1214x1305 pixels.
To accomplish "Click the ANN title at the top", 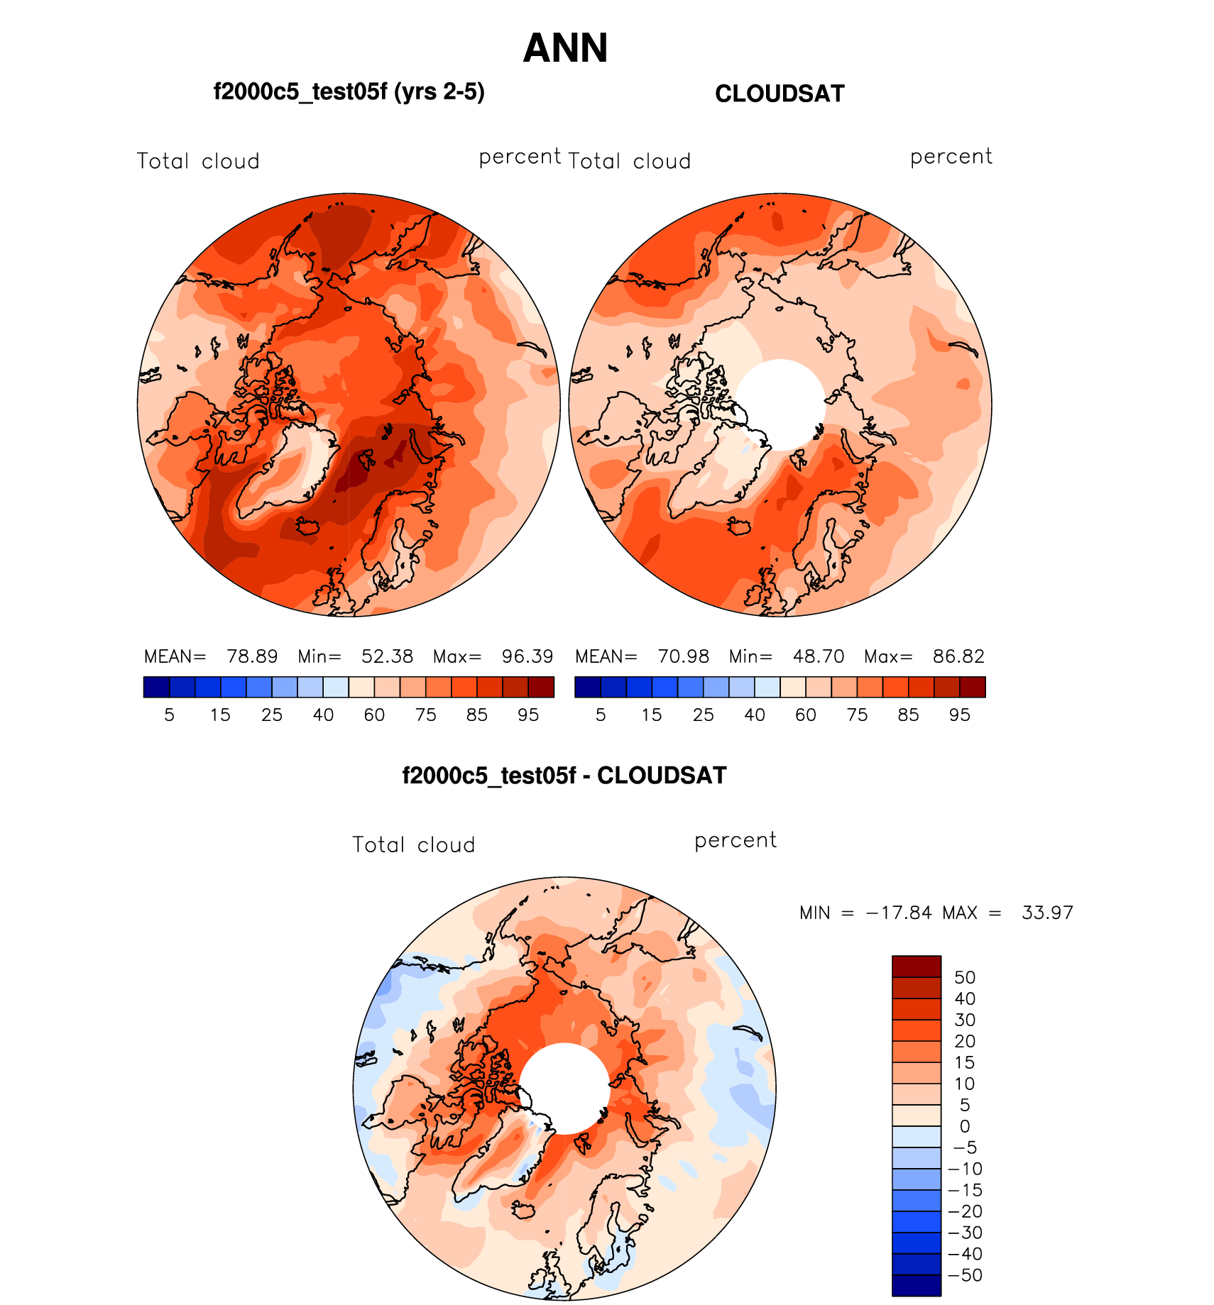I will pyautogui.click(x=565, y=48).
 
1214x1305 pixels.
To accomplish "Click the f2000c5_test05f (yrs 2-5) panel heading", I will pyautogui.click(x=349, y=92).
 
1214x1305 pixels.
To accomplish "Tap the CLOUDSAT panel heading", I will pyautogui.click(x=780, y=94).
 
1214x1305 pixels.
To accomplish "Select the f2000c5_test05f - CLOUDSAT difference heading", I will pyautogui.click(x=564, y=775).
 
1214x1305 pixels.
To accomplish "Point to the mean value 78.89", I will pyautogui.click(x=252, y=656).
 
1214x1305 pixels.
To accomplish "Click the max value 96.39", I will pyautogui.click(x=527, y=656).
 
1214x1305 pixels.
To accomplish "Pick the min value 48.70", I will pyautogui.click(x=819, y=656).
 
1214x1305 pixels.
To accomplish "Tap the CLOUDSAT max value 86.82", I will pyautogui.click(x=958, y=656).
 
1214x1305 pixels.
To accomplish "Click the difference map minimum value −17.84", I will pyautogui.click(x=899, y=913).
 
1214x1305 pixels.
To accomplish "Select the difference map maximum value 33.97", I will pyautogui.click(x=1047, y=913).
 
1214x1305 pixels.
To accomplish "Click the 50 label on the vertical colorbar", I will pyautogui.click(x=965, y=977).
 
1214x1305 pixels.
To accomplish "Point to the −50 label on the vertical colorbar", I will pyautogui.click(x=965, y=1275).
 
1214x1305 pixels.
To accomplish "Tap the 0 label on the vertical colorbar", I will pyautogui.click(x=964, y=1126).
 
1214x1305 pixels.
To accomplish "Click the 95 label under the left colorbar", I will pyautogui.click(x=528, y=715).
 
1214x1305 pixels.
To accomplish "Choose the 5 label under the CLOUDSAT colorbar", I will pyautogui.click(x=601, y=715).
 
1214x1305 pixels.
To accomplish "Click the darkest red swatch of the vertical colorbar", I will pyautogui.click(x=917, y=967).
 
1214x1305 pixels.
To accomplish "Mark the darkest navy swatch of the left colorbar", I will pyautogui.click(x=156, y=687).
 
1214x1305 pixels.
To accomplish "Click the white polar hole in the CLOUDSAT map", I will pyautogui.click(x=780, y=404).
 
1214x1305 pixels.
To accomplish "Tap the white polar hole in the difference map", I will pyautogui.click(x=564, y=1088).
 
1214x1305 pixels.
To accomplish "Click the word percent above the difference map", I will pyautogui.click(x=735, y=840).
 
